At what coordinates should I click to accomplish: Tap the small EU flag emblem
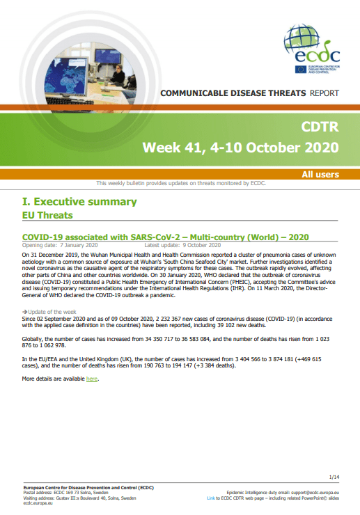coord(301,70)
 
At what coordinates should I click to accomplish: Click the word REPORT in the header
coord(324,93)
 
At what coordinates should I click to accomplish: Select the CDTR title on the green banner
coord(320,127)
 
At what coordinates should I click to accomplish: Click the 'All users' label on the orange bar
coord(320,175)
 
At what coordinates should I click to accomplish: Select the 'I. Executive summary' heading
coord(79,202)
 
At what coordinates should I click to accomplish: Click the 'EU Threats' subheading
coord(47,216)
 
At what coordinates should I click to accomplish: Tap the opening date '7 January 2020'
coord(79,245)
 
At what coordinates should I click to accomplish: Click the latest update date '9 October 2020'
coord(201,245)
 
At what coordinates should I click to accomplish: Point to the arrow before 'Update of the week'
coord(24,312)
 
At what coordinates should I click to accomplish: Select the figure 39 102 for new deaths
coord(228,326)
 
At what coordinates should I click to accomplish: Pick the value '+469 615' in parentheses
coord(309,359)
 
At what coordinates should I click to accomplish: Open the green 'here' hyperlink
coord(92,379)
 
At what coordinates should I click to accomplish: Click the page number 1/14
coord(334,477)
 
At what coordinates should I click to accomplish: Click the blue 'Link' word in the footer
coord(211,498)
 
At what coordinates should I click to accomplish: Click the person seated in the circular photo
coord(118,76)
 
